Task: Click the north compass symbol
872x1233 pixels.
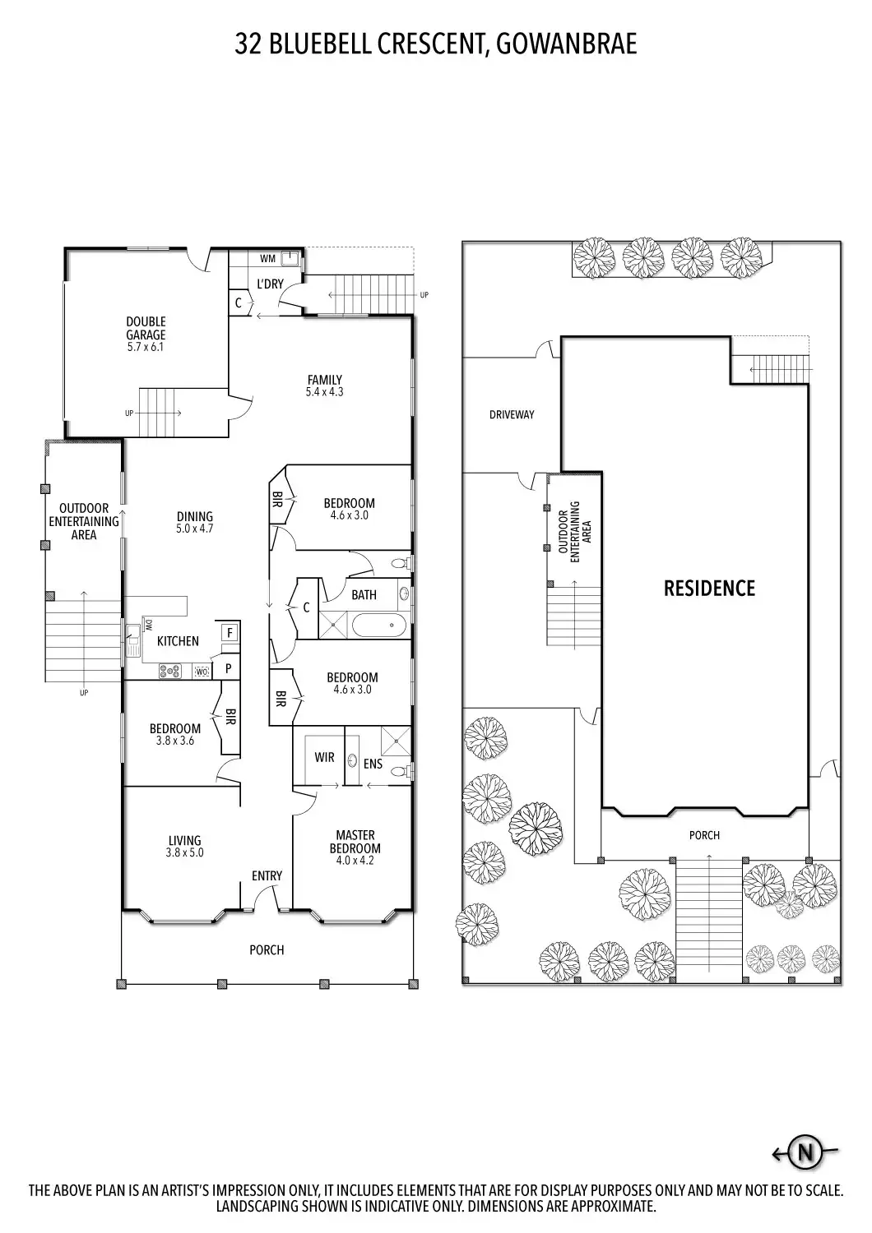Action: [x=805, y=1153]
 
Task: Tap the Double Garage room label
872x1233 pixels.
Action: [x=146, y=328]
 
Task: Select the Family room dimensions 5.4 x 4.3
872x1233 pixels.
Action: [x=324, y=392]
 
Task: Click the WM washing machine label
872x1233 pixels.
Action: [x=267, y=259]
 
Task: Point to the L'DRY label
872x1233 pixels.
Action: [x=270, y=284]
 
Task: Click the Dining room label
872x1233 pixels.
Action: [x=194, y=517]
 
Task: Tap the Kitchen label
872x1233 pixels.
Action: [x=178, y=641]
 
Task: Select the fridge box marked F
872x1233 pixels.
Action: [x=230, y=633]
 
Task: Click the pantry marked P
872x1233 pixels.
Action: [x=228, y=669]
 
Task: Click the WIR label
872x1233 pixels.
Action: [x=324, y=757]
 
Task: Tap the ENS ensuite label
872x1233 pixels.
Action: [x=373, y=764]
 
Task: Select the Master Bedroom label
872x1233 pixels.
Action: [x=355, y=843]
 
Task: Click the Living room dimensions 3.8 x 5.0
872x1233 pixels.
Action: [x=185, y=852]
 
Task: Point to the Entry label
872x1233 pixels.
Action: [x=267, y=876]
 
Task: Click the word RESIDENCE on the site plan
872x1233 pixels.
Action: [x=709, y=588]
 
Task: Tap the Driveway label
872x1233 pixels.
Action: [x=512, y=415]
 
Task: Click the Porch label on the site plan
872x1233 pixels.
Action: [x=704, y=835]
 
